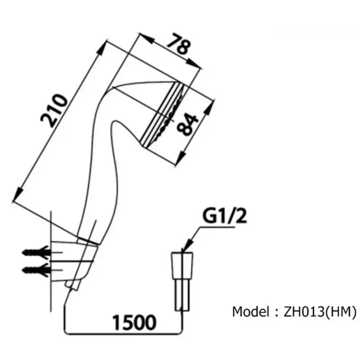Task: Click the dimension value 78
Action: click(x=179, y=44)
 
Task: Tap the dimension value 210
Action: click(x=54, y=110)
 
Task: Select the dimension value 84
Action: click(x=187, y=124)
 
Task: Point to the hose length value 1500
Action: click(x=134, y=323)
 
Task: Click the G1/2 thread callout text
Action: click(x=224, y=216)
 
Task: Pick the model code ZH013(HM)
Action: click(x=320, y=312)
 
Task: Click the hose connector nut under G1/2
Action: click(x=182, y=265)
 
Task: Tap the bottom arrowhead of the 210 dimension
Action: click(x=18, y=195)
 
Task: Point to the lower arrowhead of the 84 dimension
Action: click(x=181, y=157)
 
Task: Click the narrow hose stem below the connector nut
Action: click(x=182, y=295)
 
